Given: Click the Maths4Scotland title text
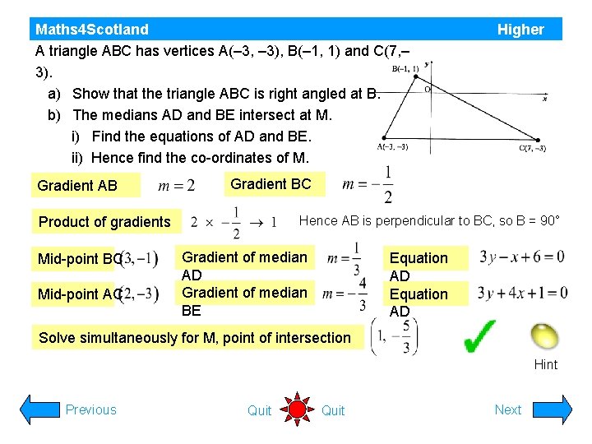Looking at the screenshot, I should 92,30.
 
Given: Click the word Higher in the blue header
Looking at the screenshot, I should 520,30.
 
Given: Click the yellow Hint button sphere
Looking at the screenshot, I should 543,336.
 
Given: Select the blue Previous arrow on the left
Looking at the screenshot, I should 38,409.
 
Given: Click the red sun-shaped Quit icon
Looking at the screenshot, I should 297,409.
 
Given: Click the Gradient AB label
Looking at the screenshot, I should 77,186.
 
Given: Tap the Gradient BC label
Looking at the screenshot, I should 271,184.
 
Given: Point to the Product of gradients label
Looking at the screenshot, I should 104,221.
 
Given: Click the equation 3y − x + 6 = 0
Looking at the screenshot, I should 522,257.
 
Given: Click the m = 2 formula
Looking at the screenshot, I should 177,186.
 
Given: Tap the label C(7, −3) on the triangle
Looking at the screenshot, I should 532,149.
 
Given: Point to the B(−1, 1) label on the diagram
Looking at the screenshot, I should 405,69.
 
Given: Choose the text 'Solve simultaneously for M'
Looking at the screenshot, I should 195,337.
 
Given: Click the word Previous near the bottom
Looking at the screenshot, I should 90,409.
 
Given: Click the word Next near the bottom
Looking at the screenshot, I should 507,409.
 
